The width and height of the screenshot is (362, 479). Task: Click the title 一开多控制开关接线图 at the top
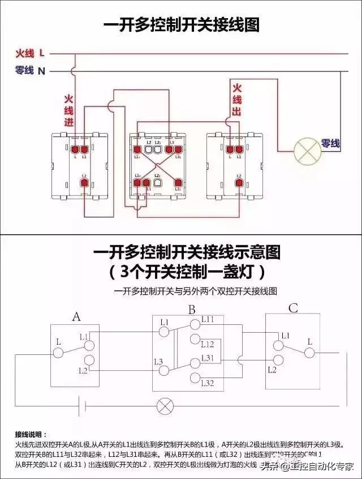pos(181,25)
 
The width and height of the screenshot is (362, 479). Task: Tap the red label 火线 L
pos(29,54)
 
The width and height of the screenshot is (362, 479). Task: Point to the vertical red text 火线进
pos(68,110)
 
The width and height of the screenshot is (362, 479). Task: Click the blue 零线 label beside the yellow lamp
pos(331,144)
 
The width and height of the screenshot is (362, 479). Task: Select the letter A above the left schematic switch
pos(76,316)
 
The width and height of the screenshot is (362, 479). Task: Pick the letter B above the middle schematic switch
pos(192,310)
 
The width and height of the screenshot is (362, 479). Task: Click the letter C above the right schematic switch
pos(293,309)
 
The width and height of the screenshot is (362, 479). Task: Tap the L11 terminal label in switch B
pos(208,320)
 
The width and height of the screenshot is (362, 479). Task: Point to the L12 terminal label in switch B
pos(208,344)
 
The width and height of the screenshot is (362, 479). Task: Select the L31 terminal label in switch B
pos(208,358)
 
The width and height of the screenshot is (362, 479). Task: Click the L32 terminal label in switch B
pos(208,384)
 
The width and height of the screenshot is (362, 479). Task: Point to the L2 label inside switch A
pos(83,370)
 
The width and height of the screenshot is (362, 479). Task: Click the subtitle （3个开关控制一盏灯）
pos(187,272)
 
